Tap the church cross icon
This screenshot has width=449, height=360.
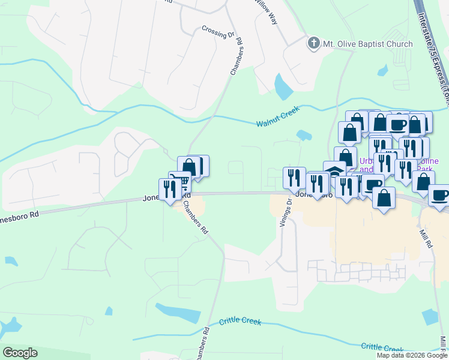313,43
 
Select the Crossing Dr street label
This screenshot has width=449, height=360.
218,32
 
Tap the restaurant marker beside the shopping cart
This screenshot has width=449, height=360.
167,188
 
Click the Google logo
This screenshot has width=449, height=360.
20,353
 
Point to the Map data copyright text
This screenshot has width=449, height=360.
412,355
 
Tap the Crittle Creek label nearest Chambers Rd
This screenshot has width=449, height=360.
240,321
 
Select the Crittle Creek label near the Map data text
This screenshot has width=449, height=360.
382,348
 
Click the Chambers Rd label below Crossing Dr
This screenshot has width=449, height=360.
236,57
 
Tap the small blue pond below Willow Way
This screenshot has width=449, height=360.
282,86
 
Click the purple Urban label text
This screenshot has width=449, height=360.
366,161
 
